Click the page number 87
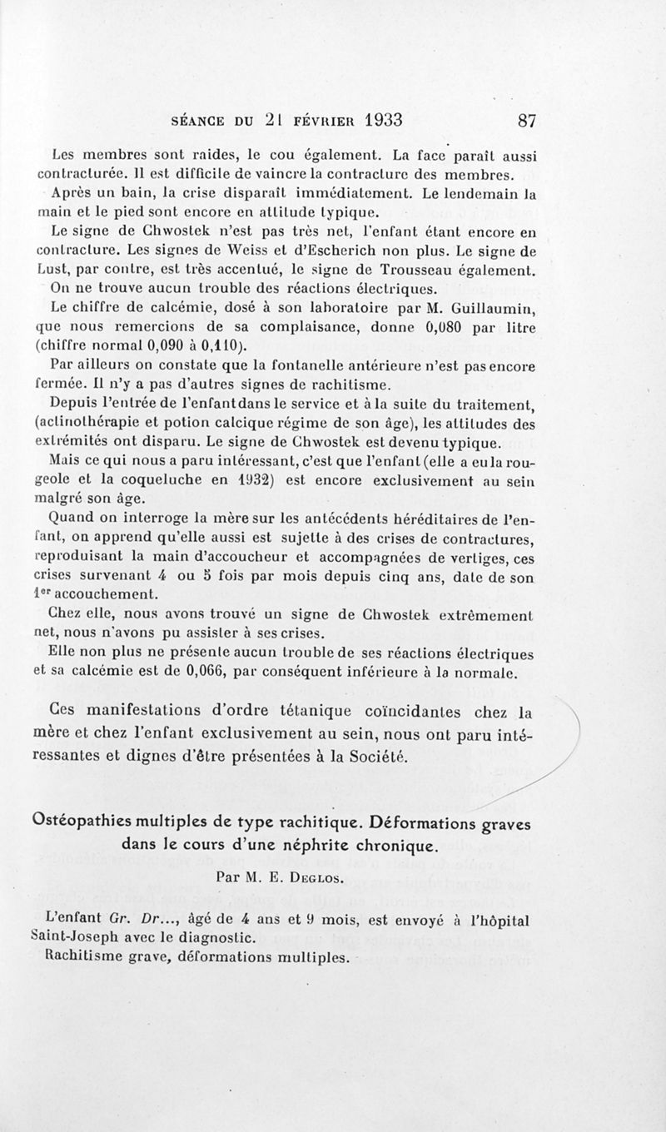[526, 119]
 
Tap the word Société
[378, 756]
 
